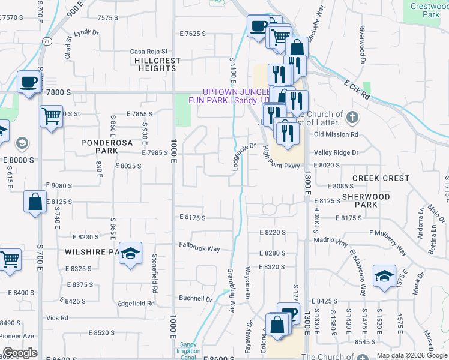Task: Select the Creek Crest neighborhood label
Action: point(381,178)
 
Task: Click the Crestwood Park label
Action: point(429,10)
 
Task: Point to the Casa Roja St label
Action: point(149,52)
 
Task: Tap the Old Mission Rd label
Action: point(336,134)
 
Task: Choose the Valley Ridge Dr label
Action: point(336,152)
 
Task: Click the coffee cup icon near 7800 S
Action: point(29,82)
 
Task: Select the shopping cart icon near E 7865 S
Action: point(52,115)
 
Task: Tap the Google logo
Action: point(20,353)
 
